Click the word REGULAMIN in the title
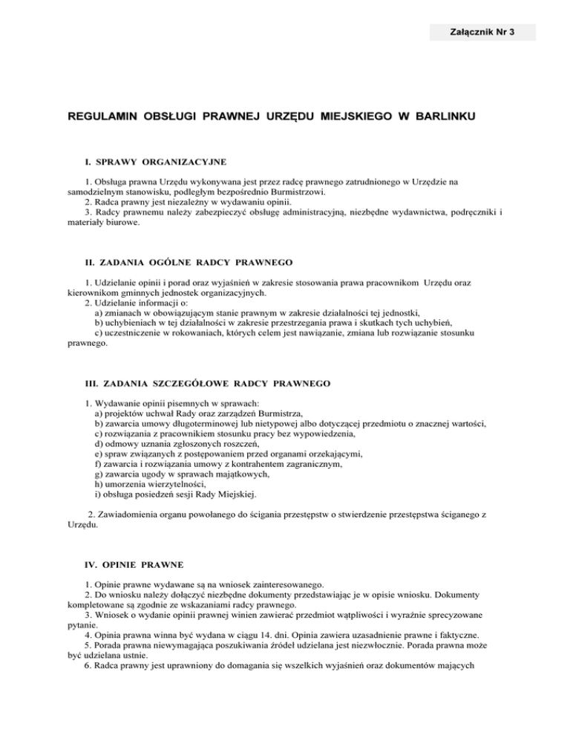pos(104,117)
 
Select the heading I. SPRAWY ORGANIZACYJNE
pos(156,161)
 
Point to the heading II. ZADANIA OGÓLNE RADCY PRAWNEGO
pos(190,262)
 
